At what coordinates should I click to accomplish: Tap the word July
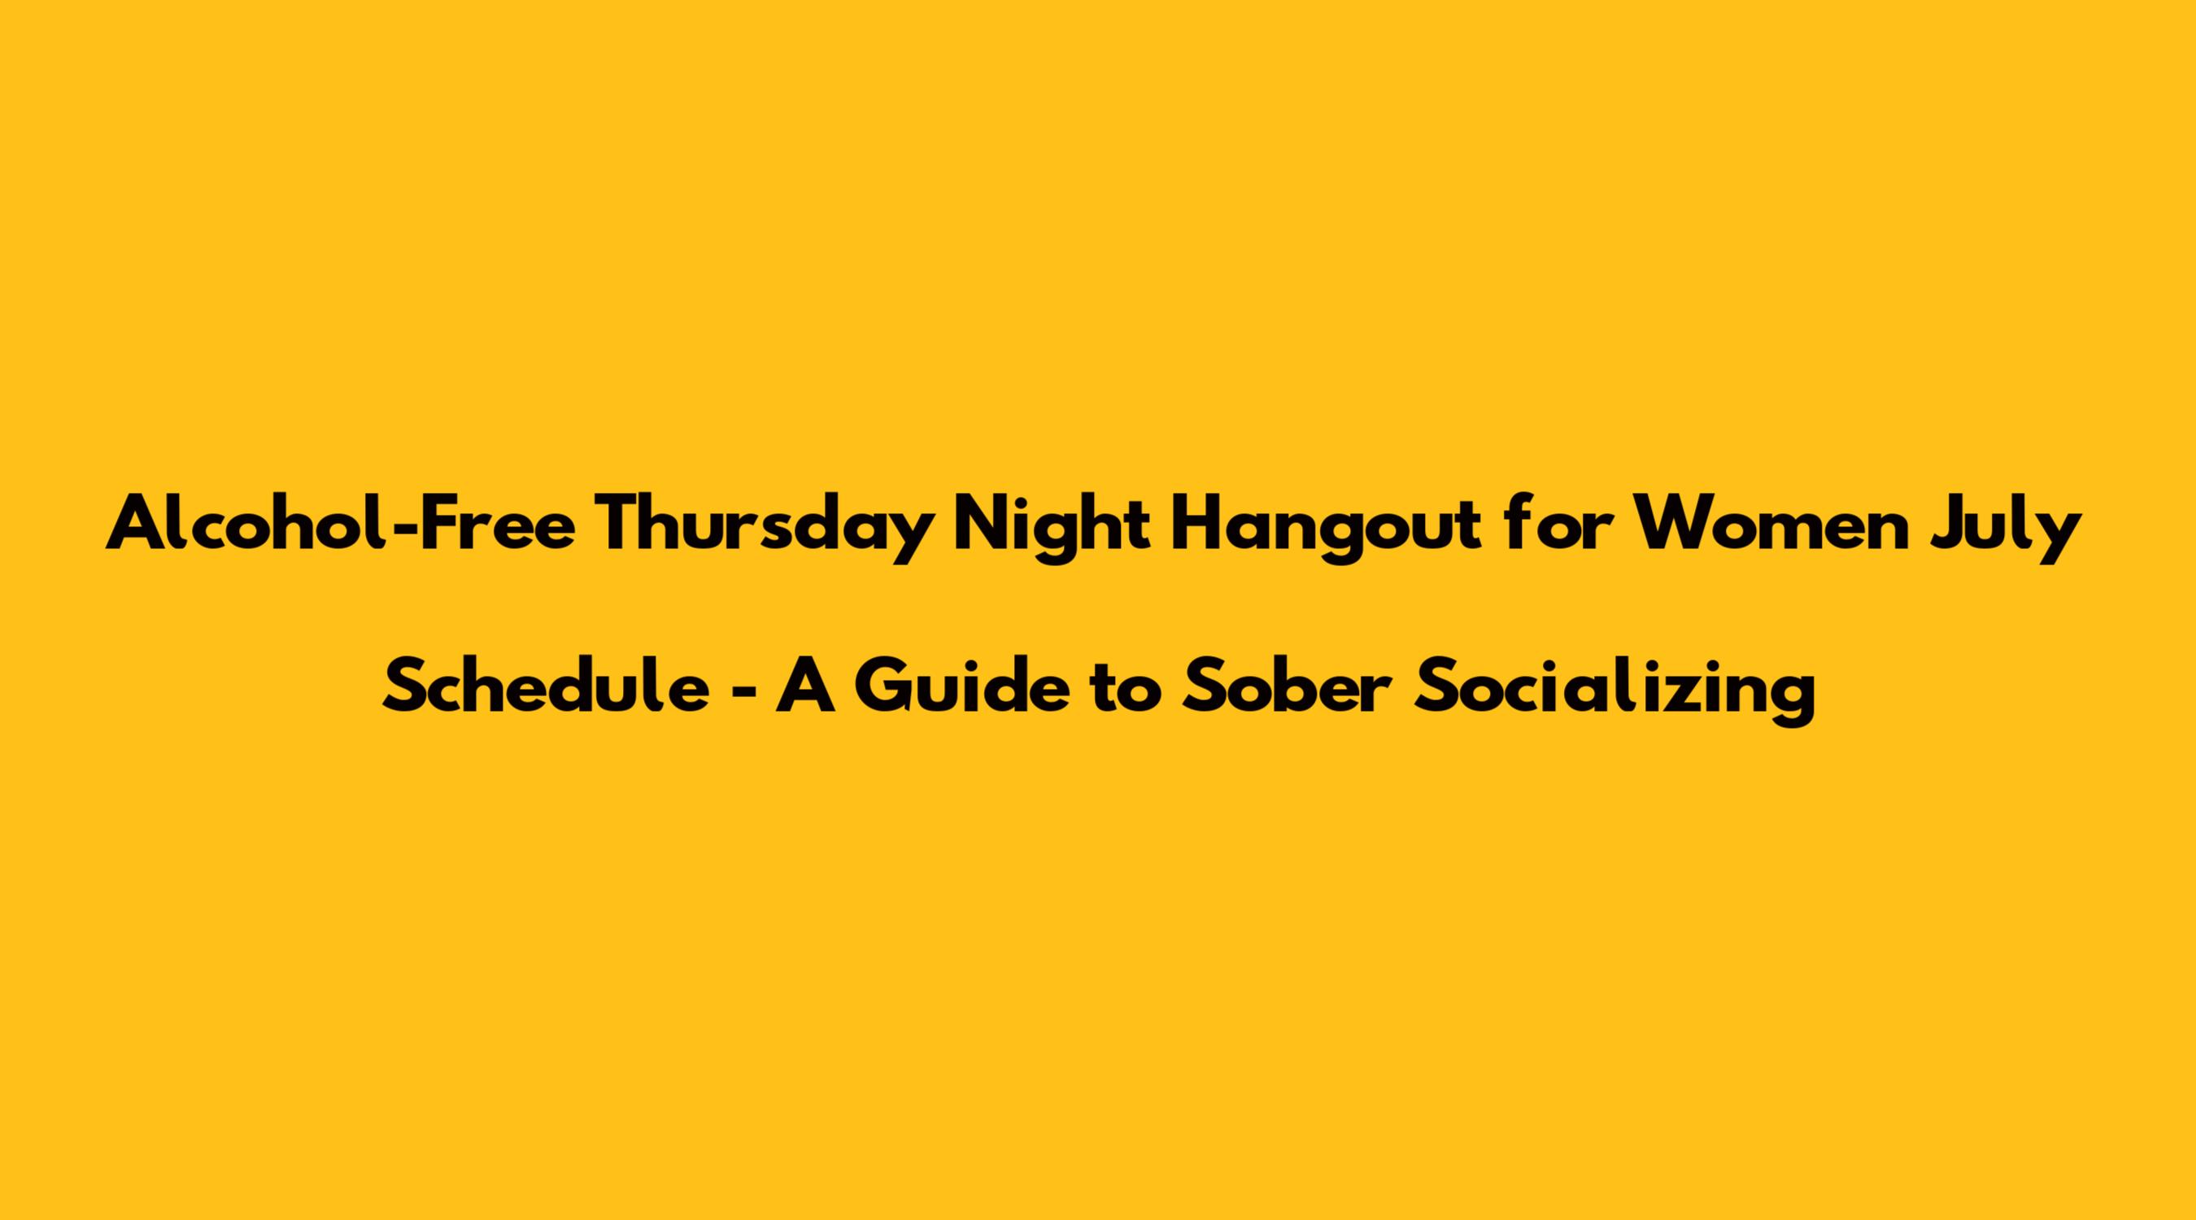point(1992,528)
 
